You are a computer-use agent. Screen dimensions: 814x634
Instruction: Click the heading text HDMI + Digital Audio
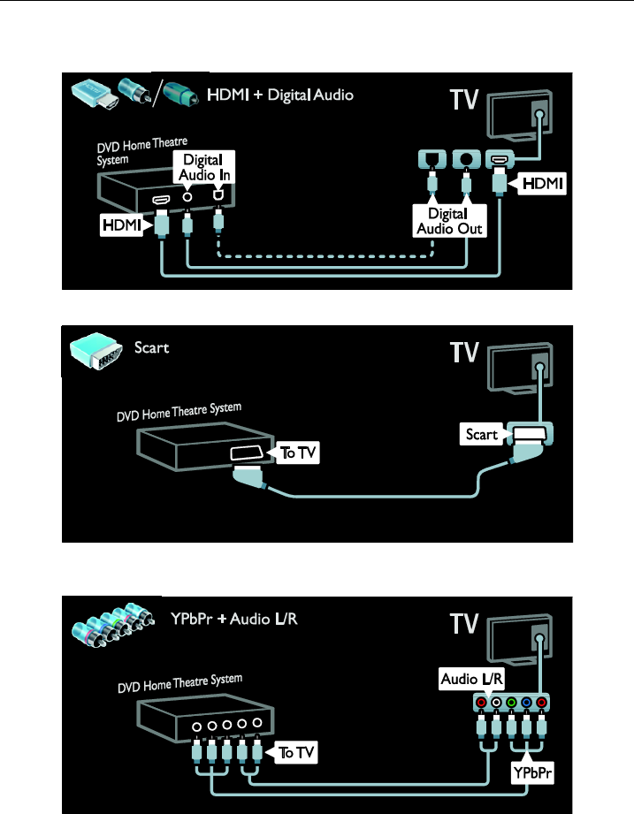pos(279,95)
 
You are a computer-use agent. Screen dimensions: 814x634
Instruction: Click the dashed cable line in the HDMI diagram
pos(327,258)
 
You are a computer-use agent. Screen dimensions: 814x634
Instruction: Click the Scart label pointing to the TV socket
pos(481,434)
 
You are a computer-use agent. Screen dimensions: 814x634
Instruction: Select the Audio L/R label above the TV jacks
pos(470,680)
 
